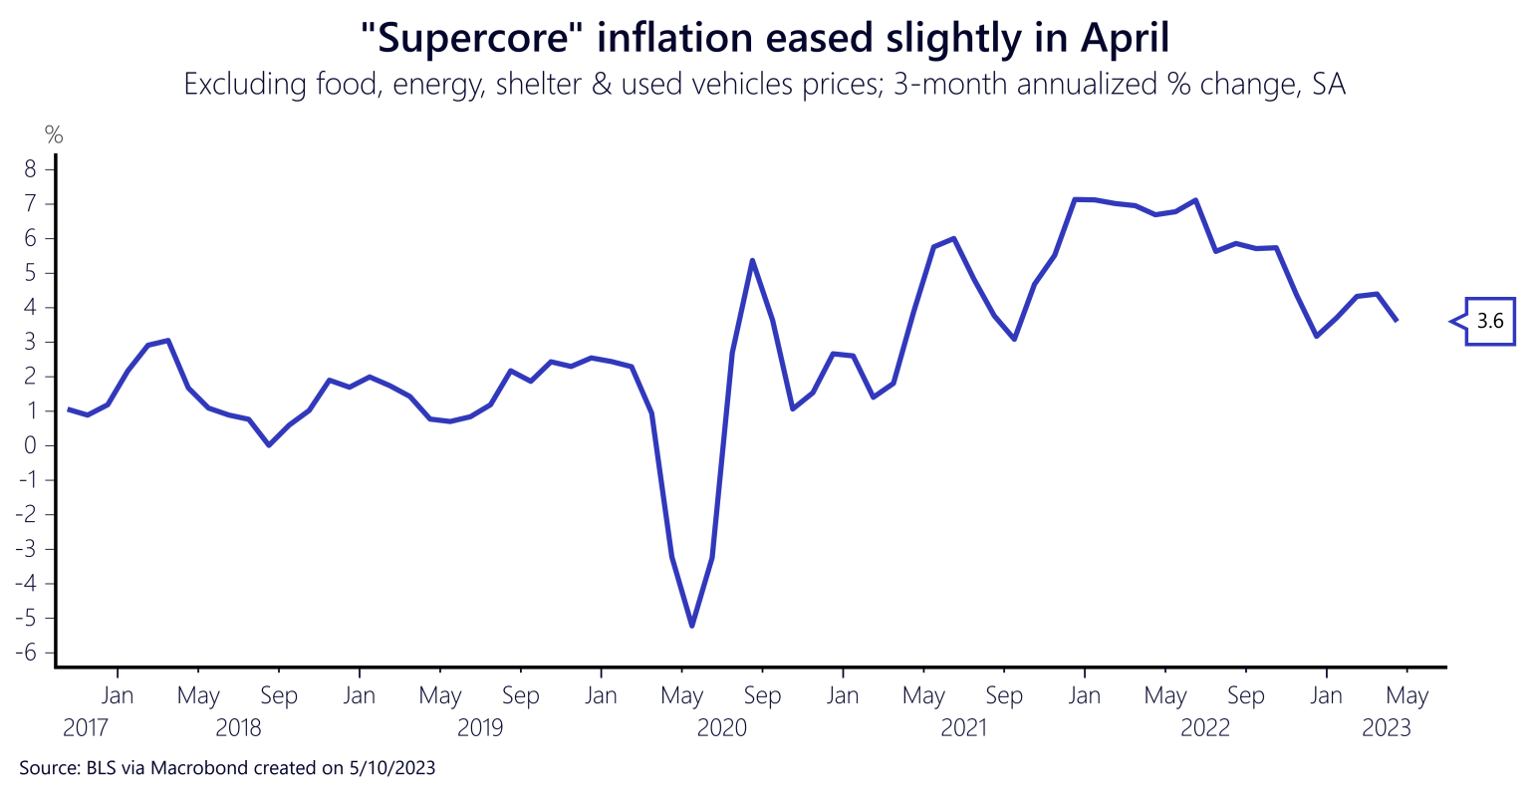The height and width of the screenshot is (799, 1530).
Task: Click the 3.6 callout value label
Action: (1489, 321)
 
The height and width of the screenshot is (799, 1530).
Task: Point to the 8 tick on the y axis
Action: (31, 170)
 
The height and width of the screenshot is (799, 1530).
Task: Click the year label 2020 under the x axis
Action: (721, 728)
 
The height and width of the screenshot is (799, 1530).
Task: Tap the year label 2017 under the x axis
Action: (87, 728)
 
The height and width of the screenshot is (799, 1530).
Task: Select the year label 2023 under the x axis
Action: (1387, 728)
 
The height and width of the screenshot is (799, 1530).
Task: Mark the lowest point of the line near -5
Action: (691, 626)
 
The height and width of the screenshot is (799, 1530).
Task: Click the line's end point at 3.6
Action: (1396, 320)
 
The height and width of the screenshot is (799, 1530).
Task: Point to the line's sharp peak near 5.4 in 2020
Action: (752, 260)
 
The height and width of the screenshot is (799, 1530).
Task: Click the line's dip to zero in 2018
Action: (269, 445)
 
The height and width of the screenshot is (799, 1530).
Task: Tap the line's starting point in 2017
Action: (68, 409)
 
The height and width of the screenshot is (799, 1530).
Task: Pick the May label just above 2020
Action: (682, 695)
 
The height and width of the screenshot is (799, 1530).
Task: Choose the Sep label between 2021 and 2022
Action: (1004, 695)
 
